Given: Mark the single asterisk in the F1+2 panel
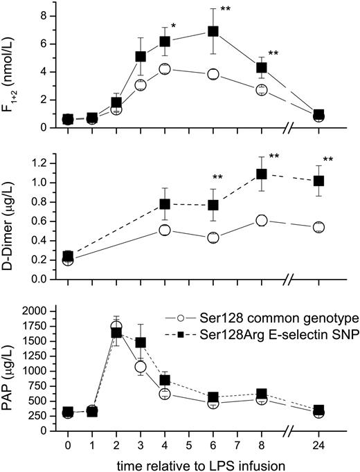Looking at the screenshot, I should (x=174, y=26).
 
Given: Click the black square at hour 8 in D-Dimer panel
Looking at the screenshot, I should (x=261, y=174).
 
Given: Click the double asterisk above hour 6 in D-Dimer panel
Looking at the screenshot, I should (x=217, y=178).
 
